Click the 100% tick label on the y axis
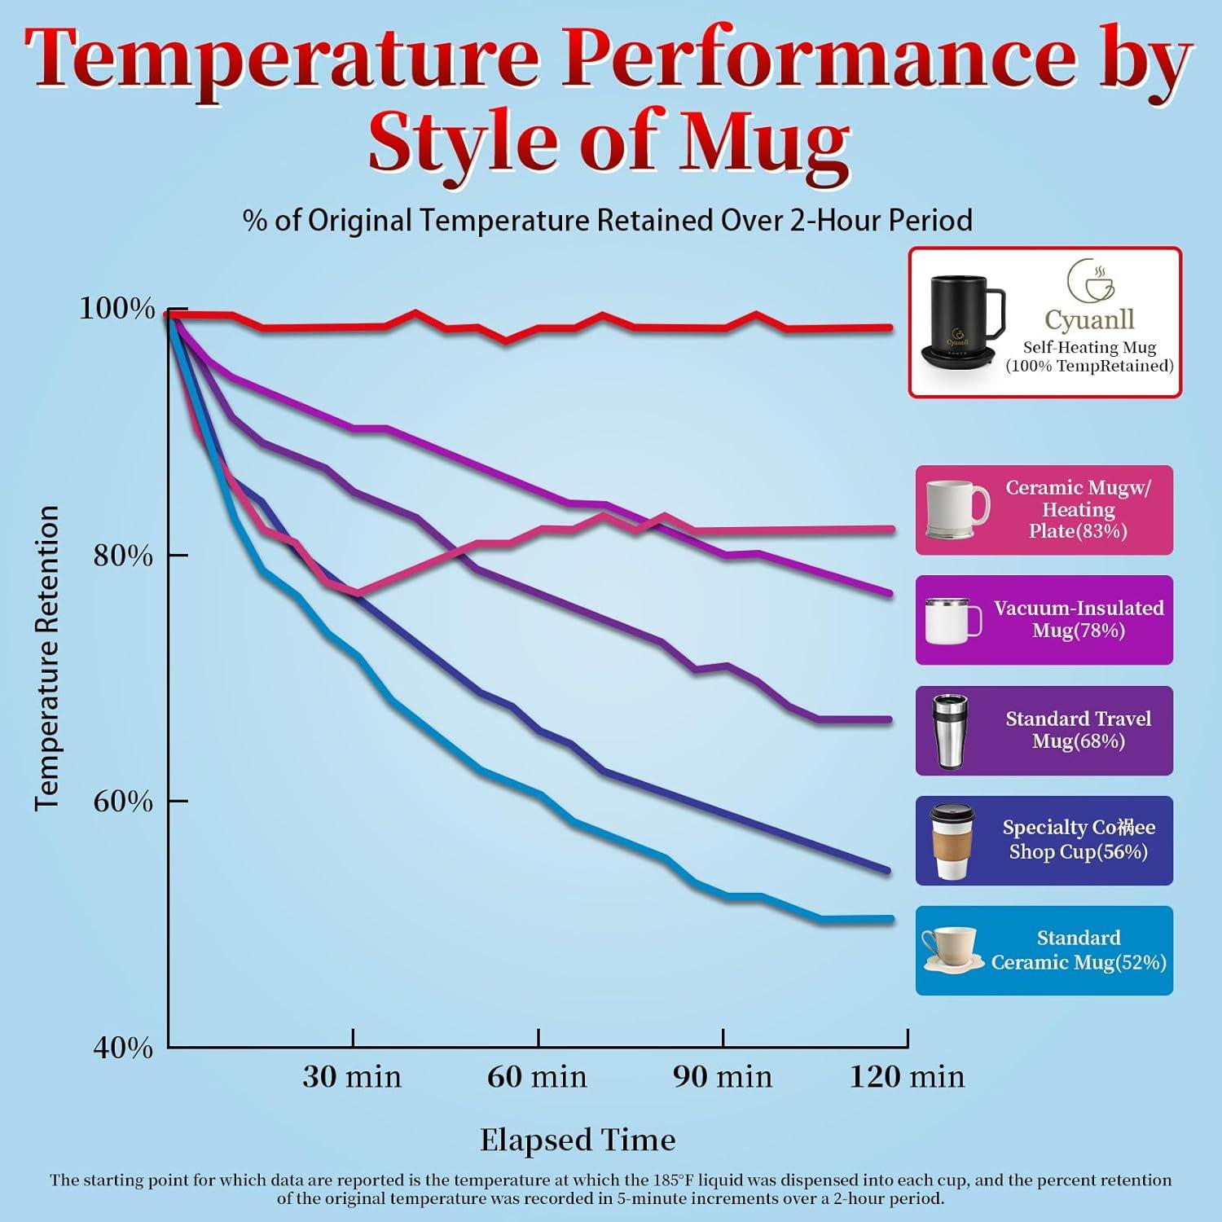coord(116,309)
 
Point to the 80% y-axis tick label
coord(123,556)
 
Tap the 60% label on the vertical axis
coord(123,802)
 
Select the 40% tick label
coord(123,1048)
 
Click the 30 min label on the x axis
coord(352,1077)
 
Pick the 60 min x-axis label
coord(537,1077)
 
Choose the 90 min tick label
coord(722,1077)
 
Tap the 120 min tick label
coord(907,1077)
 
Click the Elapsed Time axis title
coord(578,1140)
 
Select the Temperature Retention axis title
coord(47,658)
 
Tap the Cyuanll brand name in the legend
coord(1089,319)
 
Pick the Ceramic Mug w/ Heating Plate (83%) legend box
coord(1044,510)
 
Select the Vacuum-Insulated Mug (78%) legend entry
coord(1044,620)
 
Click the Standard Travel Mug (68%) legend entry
coord(1044,731)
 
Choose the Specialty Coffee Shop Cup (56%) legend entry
coord(1044,841)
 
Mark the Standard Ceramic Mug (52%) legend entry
coord(1044,951)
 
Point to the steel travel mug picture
coord(951,732)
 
